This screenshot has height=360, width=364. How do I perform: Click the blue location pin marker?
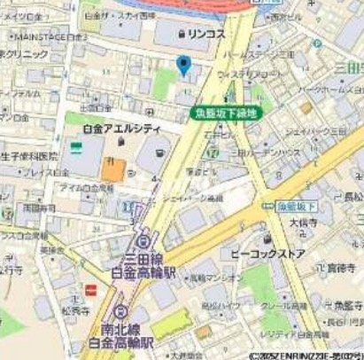183,65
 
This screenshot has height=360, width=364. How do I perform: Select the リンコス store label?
207,34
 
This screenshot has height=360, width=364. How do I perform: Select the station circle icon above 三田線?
143,240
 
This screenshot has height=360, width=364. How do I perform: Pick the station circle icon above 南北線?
120,312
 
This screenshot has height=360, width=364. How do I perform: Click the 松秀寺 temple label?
77,310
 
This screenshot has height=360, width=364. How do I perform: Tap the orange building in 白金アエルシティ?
112,168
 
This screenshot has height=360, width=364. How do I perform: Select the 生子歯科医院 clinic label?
31,156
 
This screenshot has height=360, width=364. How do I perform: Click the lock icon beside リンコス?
181,34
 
